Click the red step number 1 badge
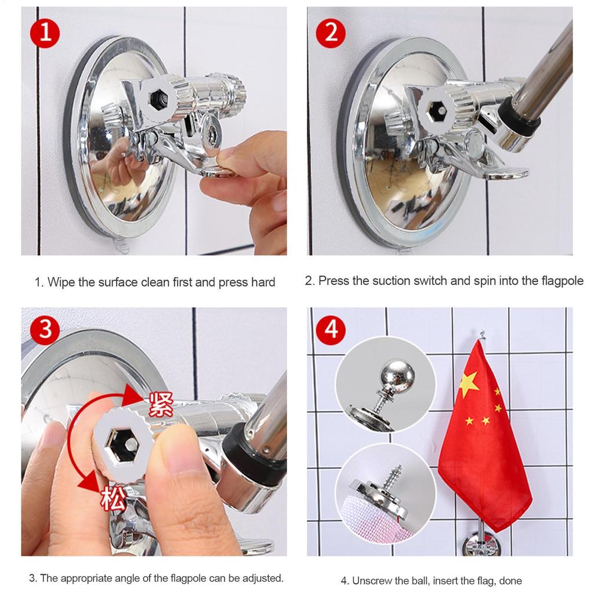45,32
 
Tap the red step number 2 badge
330,32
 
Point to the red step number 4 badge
331,330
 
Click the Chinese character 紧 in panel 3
161,404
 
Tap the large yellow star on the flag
469,383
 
